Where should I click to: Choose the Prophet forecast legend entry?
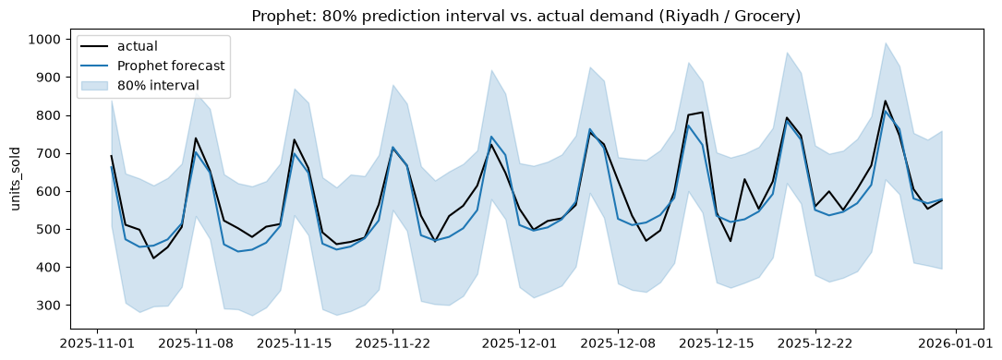click(152, 66)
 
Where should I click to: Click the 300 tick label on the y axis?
click(51, 306)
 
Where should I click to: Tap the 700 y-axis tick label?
click(51, 154)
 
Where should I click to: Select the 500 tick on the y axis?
click(51, 229)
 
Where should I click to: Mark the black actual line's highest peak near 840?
click(885, 101)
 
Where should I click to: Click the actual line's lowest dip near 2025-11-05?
click(153, 258)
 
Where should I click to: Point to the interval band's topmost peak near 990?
click(885, 43)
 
